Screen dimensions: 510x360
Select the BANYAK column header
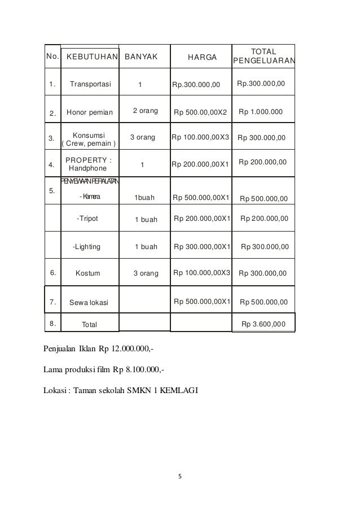pos(141,57)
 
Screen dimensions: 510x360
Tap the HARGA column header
pos(201,57)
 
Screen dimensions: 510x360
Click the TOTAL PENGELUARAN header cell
pos(263,56)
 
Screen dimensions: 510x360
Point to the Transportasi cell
pos(90,85)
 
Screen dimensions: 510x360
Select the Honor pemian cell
pos(90,112)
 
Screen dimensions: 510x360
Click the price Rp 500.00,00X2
pos(200,112)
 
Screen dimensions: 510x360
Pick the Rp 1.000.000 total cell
pos(261,112)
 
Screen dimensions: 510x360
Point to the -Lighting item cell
pos(87,247)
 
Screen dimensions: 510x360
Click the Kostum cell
pos(87,273)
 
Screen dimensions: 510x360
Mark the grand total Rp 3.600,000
pos(263,324)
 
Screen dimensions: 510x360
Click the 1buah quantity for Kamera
pos(144,198)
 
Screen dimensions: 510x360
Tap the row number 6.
pos(52,273)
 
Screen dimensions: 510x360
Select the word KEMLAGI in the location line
pos(179,390)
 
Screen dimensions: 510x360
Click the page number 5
pos(179,476)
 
